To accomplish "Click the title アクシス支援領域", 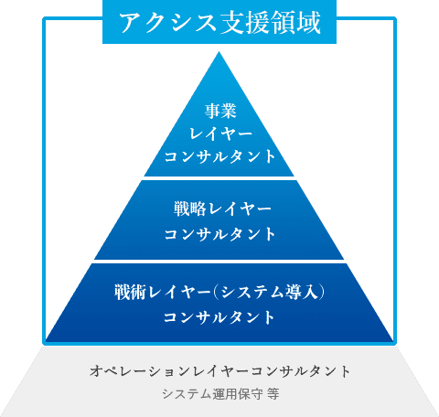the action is coord(219,22).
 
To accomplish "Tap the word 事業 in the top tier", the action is coord(220,111).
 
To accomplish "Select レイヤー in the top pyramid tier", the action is coord(220,134).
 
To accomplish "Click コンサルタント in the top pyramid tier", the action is coord(219,156).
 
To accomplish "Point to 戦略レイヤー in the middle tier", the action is coord(222,209).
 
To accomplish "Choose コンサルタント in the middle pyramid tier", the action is coord(219,234).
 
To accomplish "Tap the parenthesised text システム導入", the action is coord(268,292).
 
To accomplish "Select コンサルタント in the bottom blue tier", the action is coord(219,317).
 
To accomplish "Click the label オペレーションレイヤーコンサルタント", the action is coord(219,371).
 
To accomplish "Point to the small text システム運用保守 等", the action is coord(220,394).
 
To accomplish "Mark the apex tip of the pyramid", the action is coord(219,52).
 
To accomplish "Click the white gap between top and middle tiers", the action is coord(219,178).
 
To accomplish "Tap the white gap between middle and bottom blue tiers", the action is coord(219,262).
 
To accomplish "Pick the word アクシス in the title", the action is coord(167,22).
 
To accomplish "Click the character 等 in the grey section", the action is coord(273,394).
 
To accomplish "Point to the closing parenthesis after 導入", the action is coord(320,292).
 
